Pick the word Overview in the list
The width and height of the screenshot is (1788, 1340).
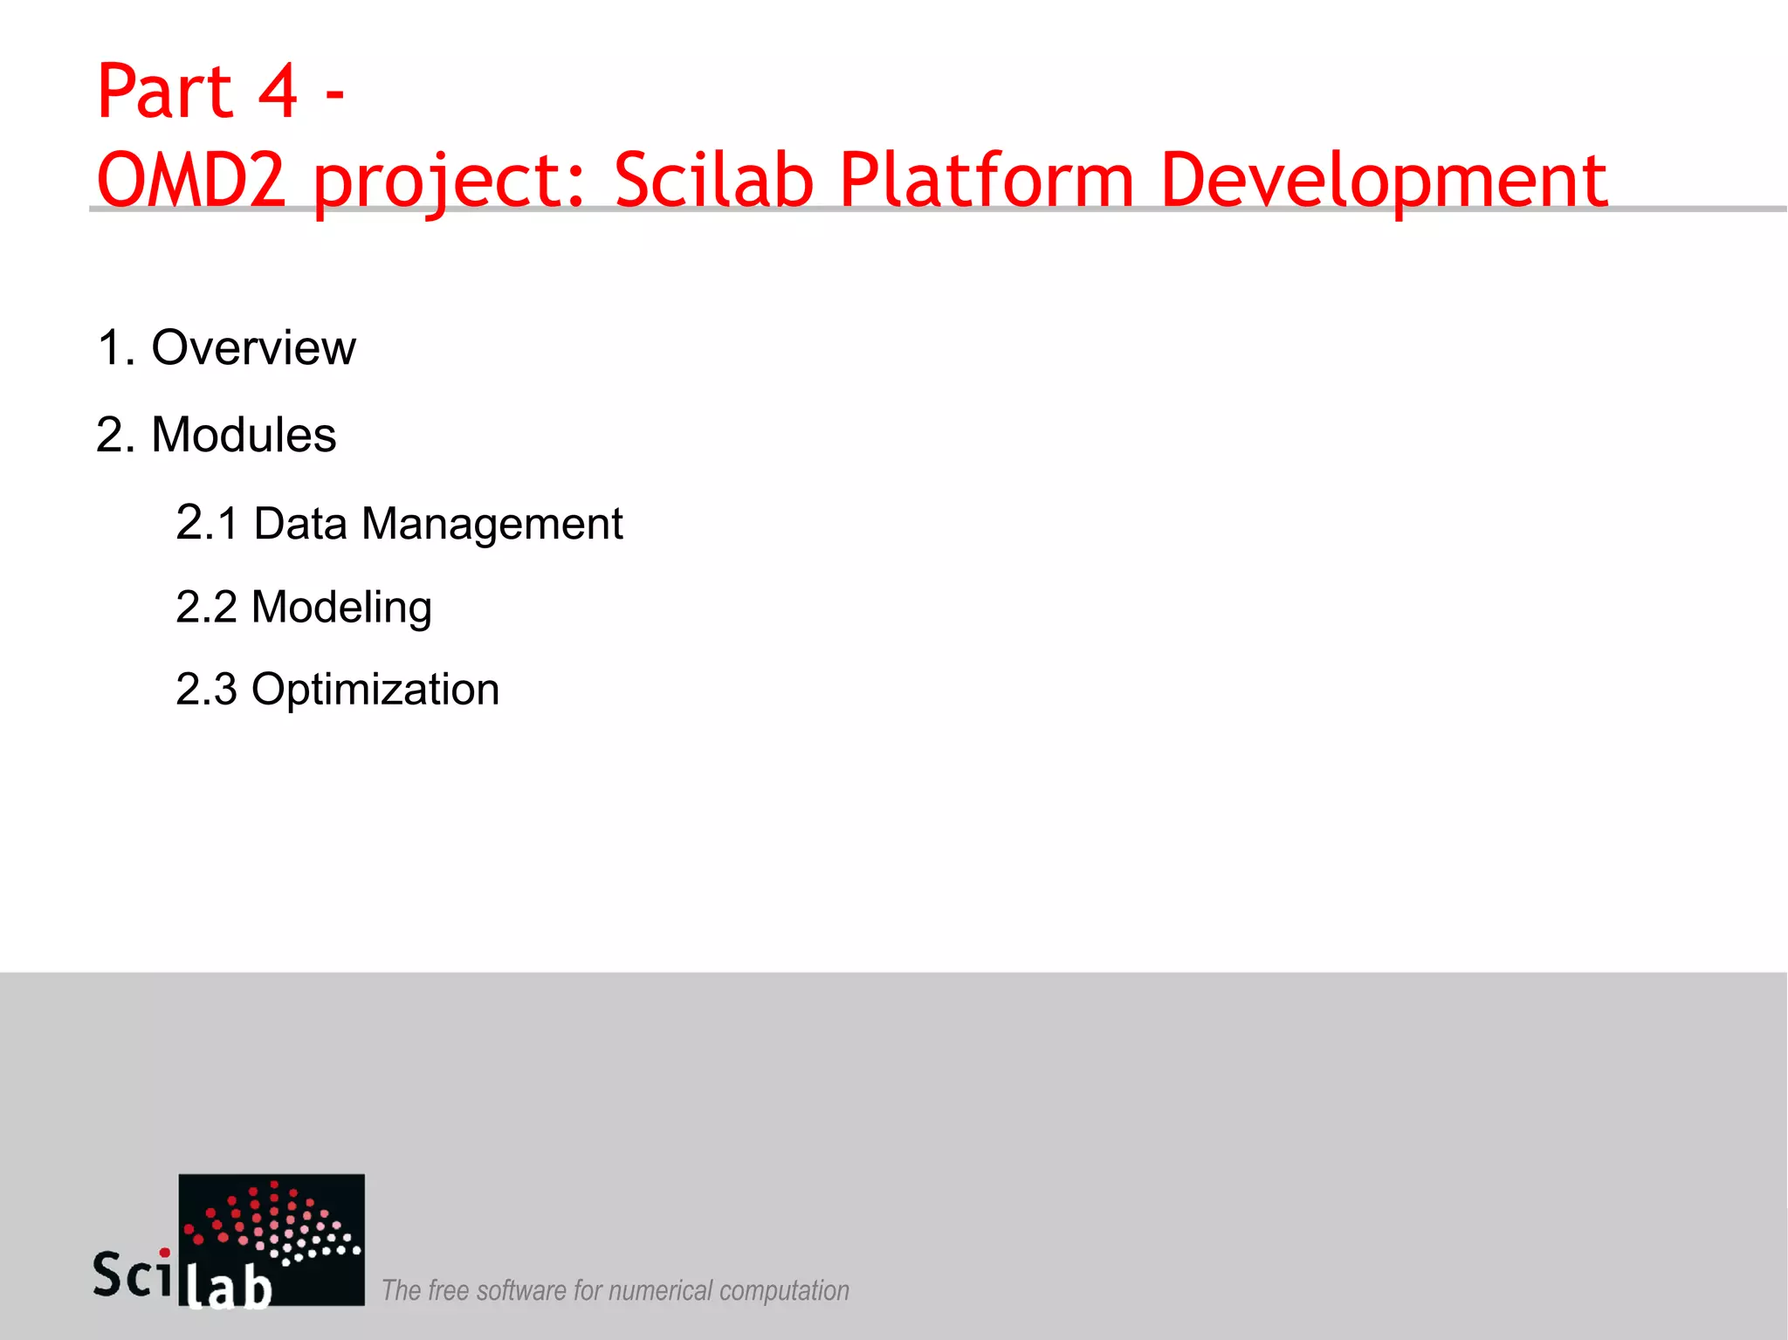(253, 347)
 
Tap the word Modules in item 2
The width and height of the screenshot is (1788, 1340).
(244, 435)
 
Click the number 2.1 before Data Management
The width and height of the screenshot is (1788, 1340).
(207, 524)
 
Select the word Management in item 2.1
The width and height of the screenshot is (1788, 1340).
(492, 524)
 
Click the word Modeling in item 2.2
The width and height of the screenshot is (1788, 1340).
(341, 608)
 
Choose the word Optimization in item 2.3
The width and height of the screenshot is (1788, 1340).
(375, 690)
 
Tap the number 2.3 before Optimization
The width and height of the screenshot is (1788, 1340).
(207, 690)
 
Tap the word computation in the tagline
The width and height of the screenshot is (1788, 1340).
(784, 1290)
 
